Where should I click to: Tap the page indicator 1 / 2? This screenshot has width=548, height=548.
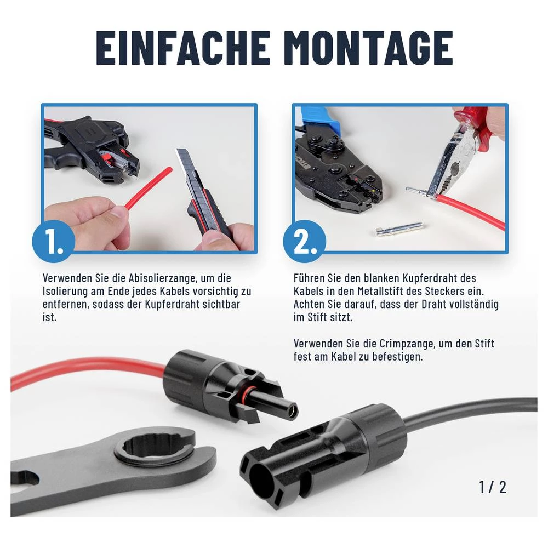[493, 487]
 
